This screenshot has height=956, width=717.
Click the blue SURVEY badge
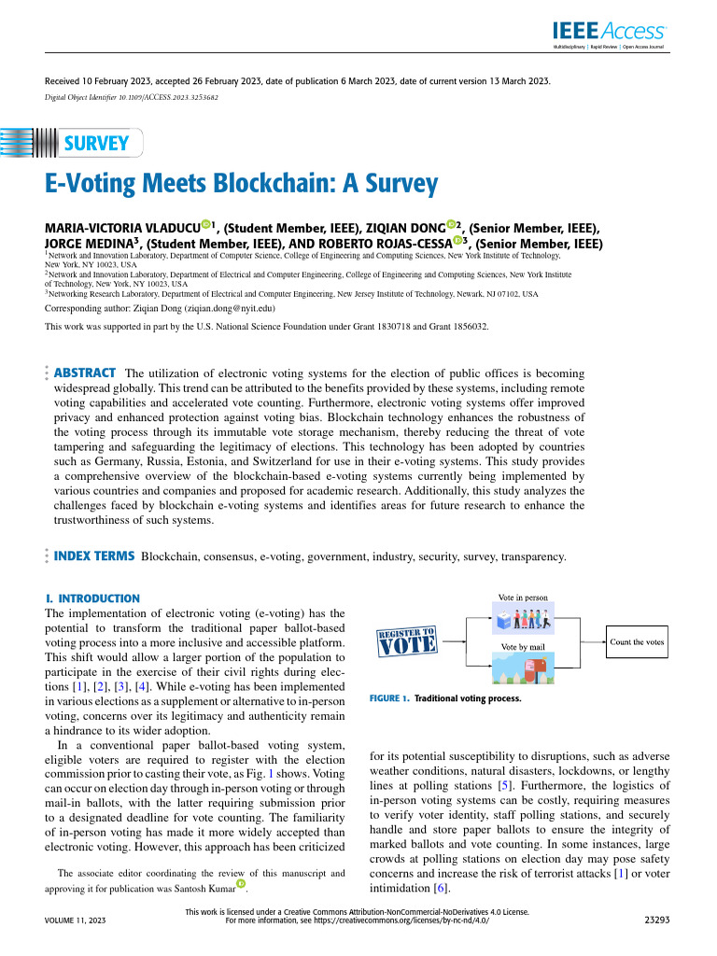[94, 143]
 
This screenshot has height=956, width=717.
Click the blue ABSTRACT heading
[85, 373]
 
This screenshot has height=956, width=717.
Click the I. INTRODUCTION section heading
[92, 597]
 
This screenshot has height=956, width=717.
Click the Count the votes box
[637, 642]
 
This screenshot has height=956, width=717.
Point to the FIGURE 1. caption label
[389, 698]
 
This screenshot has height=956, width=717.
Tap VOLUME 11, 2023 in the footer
[76, 920]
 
